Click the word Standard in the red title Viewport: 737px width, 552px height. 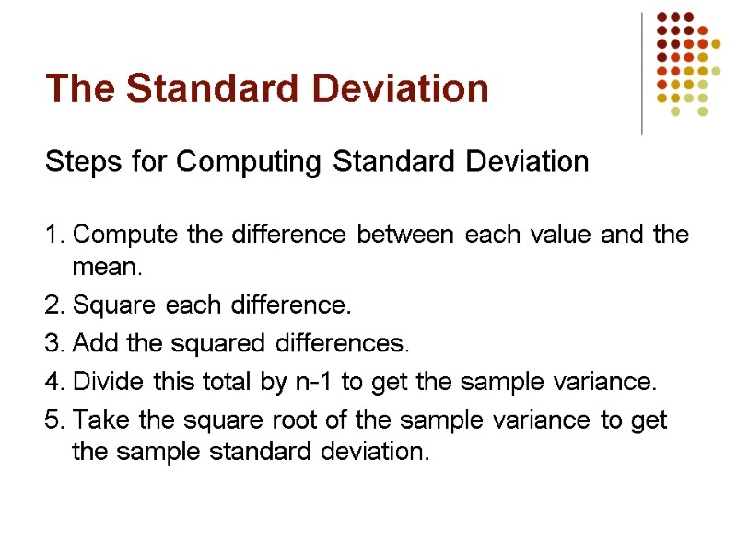pos(197,89)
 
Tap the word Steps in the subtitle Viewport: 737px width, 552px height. pos(74,163)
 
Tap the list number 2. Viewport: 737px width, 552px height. pos(53,305)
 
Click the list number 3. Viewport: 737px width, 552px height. pos(53,344)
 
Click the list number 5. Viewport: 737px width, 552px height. pos(53,421)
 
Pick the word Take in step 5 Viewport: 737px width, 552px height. pos(96,421)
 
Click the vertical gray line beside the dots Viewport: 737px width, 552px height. pos(642,74)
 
